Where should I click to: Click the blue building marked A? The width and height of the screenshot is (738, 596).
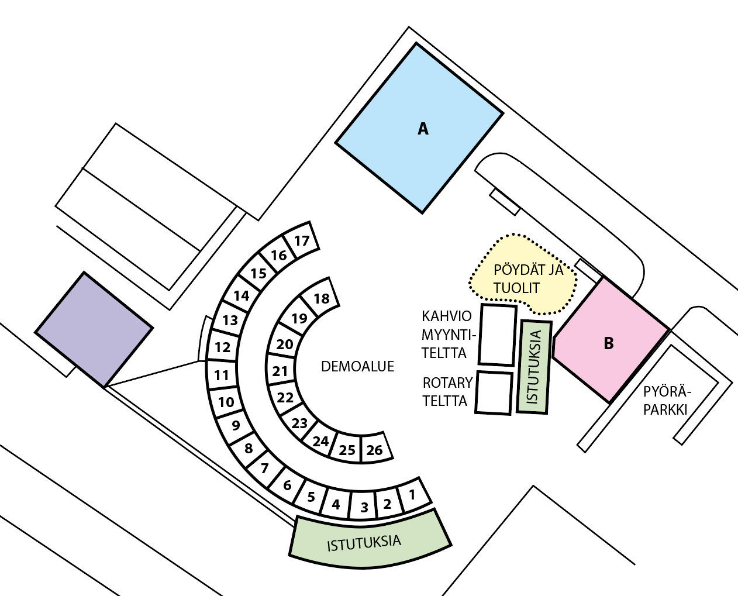(x=420, y=128)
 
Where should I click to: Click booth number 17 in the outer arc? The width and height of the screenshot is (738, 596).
(x=302, y=240)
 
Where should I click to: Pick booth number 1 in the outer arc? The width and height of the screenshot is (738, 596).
(x=412, y=495)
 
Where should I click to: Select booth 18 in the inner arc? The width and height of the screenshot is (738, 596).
(x=321, y=298)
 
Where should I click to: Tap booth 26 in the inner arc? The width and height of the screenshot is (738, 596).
(x=374, y=449)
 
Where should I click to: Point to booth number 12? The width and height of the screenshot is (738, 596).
(x=222, y=347)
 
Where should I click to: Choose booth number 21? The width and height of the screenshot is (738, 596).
(x=281, y=371)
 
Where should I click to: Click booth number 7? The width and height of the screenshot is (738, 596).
(x=265, y=468)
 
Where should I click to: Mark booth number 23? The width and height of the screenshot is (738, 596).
(x=299, y=423)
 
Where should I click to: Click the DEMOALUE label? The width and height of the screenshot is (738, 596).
(x=357, y=367)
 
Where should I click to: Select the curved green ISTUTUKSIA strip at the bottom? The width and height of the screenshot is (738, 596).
(x=368, y=542)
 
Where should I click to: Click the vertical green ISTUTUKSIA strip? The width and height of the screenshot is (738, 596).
(x=534, y=367)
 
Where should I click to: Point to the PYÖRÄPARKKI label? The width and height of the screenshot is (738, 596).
(x=667, y=400)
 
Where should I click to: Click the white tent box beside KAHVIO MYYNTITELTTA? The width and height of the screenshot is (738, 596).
(x=497, y=334)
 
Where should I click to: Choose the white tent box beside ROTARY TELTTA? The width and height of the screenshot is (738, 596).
(x=494, y=392)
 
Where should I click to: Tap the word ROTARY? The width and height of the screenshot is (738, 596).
(x=447, y=383)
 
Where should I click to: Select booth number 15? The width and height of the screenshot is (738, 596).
(x=258, y=273)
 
